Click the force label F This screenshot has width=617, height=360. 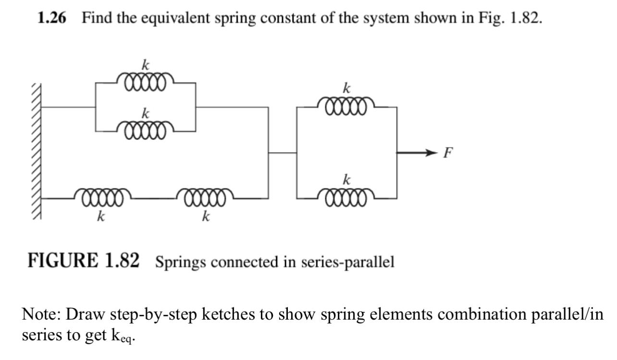(x=448, y=153)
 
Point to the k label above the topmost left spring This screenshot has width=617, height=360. (x=144, y=64)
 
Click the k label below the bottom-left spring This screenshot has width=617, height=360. (x=100, y=217)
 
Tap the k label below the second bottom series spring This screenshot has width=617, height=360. (x=206, y=217)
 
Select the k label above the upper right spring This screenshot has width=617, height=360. (x=346, y=88)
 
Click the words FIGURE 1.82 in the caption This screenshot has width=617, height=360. (x=84, y=261)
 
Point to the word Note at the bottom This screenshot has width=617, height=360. (x=41, y=315)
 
